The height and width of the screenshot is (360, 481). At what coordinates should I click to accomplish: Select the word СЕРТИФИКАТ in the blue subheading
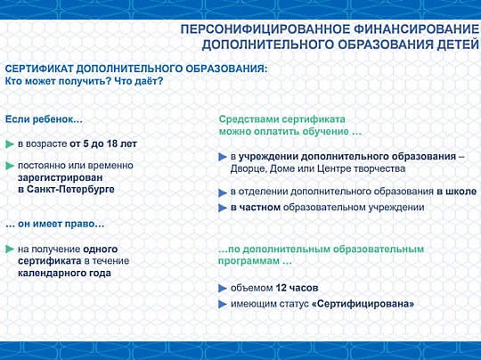tap(39, 69)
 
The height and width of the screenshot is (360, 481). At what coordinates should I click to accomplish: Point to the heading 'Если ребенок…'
tap(45, 119)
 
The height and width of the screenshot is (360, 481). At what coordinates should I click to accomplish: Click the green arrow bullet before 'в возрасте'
tap(10, 144)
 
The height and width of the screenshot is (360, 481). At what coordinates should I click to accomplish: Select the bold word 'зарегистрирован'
tap(61, 177)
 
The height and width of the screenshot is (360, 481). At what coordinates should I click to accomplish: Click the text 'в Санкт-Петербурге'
tap(66, 189)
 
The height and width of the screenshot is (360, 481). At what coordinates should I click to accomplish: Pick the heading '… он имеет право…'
tap(55, 224)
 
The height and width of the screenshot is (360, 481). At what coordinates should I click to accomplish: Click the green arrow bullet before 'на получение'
tap(10, 250)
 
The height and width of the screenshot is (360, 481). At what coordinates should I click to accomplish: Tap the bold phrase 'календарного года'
tap(64, 273)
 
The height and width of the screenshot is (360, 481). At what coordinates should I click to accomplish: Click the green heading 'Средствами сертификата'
tap(281, 119)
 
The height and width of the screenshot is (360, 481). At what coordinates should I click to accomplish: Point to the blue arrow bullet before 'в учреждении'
tap(223, 157)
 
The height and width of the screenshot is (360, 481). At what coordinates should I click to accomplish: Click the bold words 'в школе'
tap(457, 192)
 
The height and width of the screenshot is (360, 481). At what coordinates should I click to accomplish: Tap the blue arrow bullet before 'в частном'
tap(223, 208)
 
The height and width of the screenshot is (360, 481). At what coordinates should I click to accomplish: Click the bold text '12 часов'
tap(297, 288)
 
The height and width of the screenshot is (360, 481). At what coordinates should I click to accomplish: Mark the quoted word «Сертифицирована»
tap(363, 304)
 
